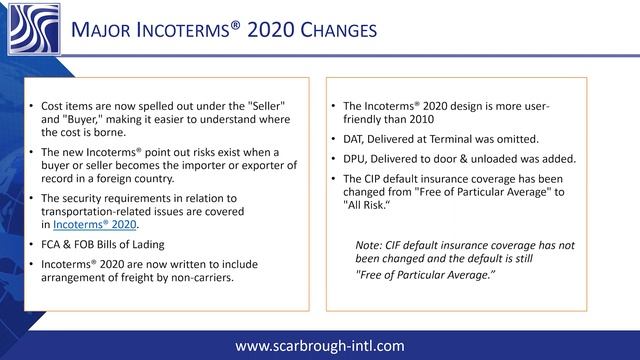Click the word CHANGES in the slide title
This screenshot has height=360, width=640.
tap(327, 31)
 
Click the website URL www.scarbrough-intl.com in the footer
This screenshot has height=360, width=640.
tap(319, 346)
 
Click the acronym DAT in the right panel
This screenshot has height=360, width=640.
tap(356, 138)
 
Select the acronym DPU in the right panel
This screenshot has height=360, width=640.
tap(357, 158)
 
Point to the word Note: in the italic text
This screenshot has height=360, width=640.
tap(372, 245)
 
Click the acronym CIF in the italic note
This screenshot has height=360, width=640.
tap(404, 245)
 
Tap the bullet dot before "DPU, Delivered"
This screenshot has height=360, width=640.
tap(333, 158)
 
